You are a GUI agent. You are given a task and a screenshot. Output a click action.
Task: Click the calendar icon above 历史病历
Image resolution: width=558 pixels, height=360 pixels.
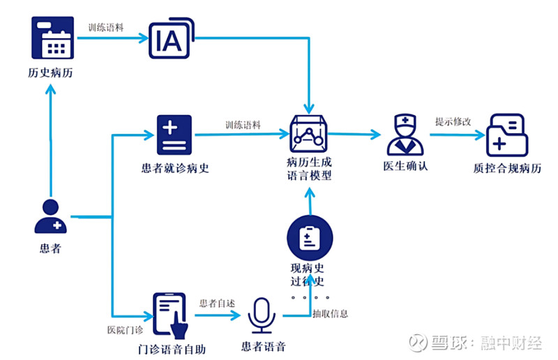pos(52,38)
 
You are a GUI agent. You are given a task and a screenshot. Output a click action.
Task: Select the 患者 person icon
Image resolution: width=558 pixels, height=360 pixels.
pos(50,216)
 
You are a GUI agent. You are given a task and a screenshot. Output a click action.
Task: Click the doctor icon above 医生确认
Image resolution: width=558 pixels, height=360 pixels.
pos(405,135)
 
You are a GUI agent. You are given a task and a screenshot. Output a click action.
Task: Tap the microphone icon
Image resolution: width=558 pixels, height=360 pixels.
pos(262,316)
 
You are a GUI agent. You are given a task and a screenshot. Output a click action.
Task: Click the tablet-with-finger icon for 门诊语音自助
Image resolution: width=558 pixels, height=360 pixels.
pos(170,315)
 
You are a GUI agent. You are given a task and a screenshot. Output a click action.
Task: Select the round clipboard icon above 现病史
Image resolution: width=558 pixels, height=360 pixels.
pos(309,239)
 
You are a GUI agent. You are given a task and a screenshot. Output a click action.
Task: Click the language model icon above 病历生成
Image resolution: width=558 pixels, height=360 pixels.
pos(308,133)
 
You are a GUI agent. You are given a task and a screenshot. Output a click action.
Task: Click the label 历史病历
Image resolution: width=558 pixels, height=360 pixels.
pos(52,73)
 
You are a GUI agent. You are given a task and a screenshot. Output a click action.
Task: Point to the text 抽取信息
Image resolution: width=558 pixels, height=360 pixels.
pos(330,313)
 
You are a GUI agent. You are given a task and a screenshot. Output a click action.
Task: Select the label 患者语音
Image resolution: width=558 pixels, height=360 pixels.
pos(262,347)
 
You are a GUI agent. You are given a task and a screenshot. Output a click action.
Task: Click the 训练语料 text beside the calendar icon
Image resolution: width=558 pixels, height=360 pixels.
pos(105,29)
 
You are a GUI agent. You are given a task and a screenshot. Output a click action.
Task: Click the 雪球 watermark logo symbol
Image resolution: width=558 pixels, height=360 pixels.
pos(417,343)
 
